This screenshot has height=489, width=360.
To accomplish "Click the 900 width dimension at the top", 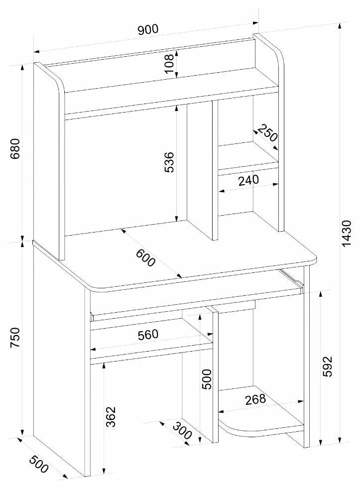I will click(x=148, y=29).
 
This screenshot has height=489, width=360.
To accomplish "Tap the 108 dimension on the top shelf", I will click(x=170, y=64).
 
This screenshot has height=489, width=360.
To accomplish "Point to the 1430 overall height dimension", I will click(x=348, y=233).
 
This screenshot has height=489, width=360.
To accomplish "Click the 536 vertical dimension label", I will click(x=169, y=162).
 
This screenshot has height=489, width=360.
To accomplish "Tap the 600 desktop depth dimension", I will click(x=145, y=256).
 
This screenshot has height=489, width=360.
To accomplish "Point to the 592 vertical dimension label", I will click(x=328, y=367).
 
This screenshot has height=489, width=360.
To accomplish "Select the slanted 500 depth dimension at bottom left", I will click(x=39, y=464).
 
